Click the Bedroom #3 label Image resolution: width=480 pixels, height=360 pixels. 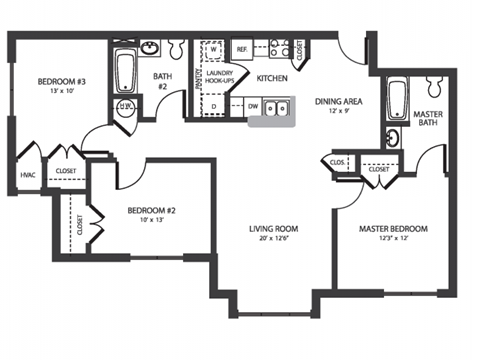[x=61, y=82]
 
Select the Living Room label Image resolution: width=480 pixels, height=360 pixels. [x=273, y=229]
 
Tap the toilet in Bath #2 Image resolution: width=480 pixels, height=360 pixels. [x=176, y=49]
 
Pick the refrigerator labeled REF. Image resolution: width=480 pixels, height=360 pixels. [x=241, y=49]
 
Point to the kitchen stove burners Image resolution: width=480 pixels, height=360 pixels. [x=276, y=46]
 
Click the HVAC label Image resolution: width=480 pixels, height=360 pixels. [x=28, y=175]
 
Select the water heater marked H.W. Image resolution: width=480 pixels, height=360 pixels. [x=126, y=108]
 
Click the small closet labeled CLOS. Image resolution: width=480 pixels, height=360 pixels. [x=337, y=163]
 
